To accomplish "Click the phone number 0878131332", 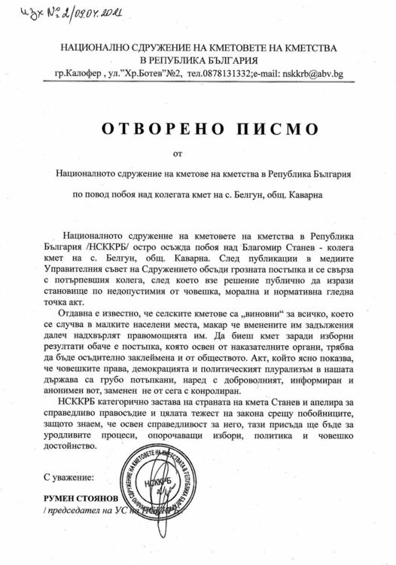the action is click(x=225, y=75).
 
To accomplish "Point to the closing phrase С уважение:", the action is click(x=69, y=478).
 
